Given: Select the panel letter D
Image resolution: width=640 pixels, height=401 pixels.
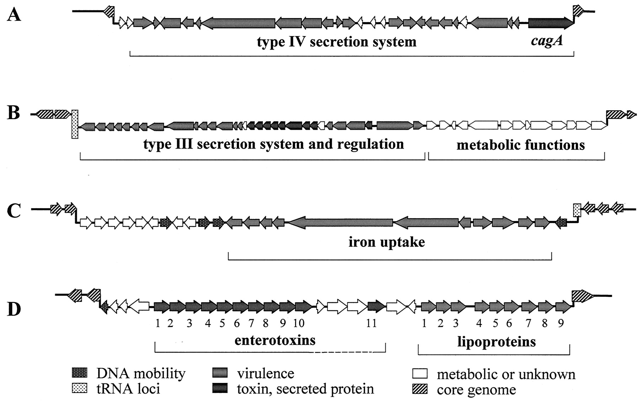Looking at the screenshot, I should [15, 309].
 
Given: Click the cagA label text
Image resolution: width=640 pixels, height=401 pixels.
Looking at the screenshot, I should [547, 42].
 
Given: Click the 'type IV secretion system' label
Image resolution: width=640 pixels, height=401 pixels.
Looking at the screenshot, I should [337, 42].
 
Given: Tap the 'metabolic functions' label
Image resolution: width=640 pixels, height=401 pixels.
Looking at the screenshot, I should [521, 145].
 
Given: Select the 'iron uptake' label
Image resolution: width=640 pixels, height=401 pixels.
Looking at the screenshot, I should [386, 242].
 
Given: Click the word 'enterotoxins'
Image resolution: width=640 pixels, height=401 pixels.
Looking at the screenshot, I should [275, 340].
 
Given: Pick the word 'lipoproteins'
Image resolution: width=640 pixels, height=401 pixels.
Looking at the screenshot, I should [496, 342].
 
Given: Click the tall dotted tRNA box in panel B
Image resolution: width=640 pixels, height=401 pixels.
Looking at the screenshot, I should [75, 124].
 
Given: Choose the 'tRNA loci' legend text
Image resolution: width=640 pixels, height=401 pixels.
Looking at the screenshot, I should [128, 389].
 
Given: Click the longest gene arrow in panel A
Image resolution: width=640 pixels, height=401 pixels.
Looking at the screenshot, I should [238, 23].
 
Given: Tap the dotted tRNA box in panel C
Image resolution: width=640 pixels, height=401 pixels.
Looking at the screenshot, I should [577, 210].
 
